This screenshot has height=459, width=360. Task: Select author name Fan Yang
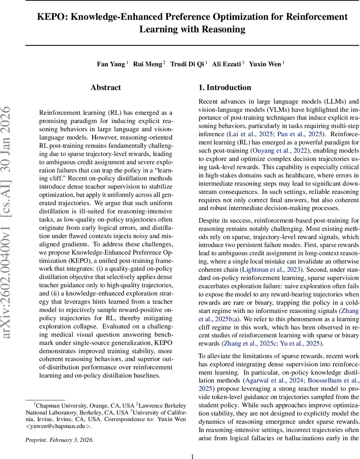pos(111,64)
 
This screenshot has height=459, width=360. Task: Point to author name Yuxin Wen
pos(265,64)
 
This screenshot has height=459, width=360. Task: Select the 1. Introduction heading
pos(225,88)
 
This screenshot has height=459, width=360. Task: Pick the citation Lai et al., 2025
pos(250,134)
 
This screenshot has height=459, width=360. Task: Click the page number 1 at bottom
pos(193,456)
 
